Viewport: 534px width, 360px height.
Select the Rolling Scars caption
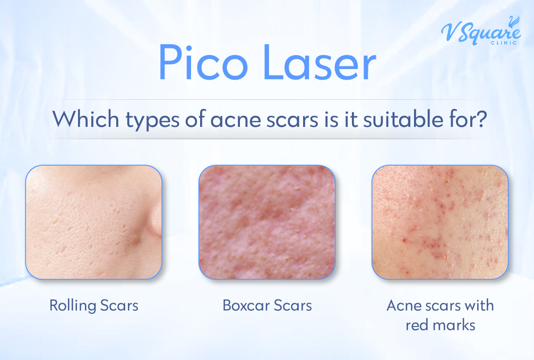click(x=93, y=306)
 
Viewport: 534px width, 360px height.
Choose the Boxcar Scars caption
click(x=267, y=306)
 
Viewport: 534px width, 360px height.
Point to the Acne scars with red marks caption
click(x=440, y=315)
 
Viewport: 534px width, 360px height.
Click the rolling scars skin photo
click(x=93, y=222)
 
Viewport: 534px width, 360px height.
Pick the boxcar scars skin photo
click(x=267, y=222)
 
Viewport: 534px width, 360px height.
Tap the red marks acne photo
click(x=440, y=222)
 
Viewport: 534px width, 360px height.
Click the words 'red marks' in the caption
click(x=440, y=324)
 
